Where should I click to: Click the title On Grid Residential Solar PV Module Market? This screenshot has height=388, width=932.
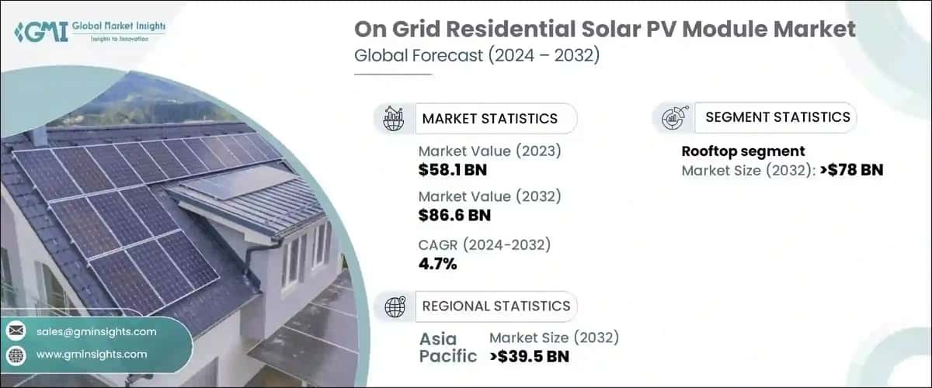[605, 30]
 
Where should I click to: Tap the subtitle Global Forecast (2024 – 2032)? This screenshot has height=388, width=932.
[476, 57]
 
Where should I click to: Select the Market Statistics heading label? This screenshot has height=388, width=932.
[489, 119]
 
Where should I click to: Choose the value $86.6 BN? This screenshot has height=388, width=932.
[454, 215]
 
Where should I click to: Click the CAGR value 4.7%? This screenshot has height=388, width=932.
[437, 264]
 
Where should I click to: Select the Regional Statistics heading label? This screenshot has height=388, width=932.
[496, 306]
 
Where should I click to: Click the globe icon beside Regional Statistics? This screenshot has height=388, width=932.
[395, 307]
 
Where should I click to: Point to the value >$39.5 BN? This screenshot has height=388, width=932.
[529, 357]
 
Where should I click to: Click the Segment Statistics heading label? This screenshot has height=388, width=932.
[777, 117]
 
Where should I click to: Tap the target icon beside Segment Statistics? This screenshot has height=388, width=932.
[671, 118]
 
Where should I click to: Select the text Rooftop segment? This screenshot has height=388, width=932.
[742, 151]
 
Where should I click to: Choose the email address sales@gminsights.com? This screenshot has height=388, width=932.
[96, 331]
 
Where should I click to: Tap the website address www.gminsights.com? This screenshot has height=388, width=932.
[91, 354]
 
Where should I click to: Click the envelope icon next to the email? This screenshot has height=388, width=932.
[16, 331]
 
